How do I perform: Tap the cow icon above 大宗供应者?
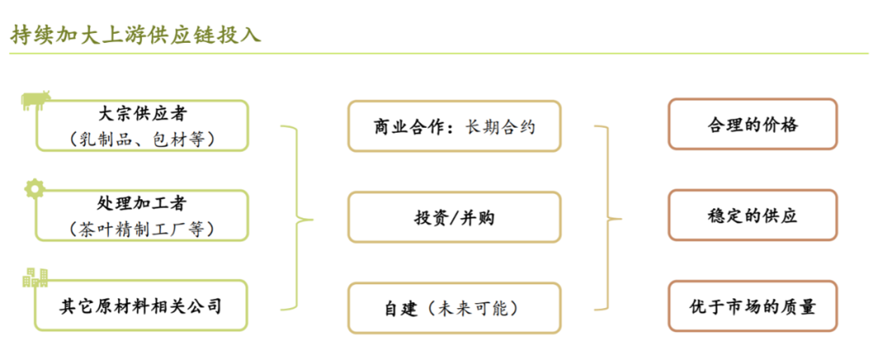(36, 100)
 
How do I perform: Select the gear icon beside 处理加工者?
(34, 188)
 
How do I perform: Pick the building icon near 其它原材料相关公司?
(35, 278)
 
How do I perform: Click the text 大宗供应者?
(142, 113)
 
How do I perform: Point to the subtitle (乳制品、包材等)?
(142, 139)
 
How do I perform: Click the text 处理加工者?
(142, 203)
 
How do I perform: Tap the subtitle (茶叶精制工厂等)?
(142, 229)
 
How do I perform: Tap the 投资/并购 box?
(454, 217)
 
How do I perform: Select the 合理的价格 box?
(752, 124)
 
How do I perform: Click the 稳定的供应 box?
(752, 216)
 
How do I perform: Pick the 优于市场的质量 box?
(752, 307)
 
